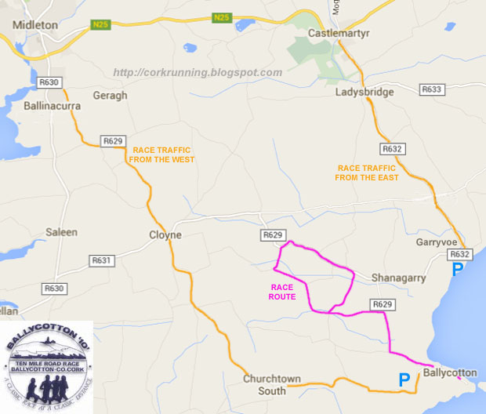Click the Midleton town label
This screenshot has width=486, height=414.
(36, 24)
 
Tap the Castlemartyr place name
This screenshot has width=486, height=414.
(339, 34)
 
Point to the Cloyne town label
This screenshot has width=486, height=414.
(165, 234)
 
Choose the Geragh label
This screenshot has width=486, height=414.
(109, 95)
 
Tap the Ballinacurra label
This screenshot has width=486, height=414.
(53, 103)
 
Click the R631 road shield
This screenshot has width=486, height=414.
(102, 261)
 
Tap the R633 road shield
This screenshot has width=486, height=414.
(432, 90)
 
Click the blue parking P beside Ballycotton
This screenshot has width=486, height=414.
(404, 380)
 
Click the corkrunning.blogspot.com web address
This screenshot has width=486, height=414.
(198, 72)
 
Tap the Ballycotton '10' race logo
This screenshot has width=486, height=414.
(46, 367)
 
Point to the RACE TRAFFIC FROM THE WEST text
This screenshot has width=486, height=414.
(163, 154)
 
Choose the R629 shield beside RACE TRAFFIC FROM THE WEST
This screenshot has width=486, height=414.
(113, 141)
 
